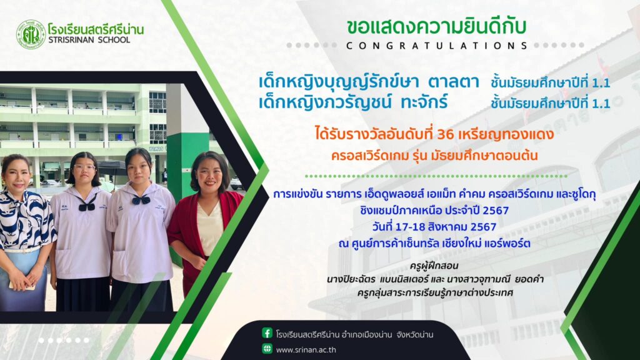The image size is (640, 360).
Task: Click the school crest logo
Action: tap(31, 35)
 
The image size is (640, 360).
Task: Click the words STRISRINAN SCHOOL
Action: tap(89, 40)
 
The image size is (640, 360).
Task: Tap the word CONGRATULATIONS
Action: tap(437, 46)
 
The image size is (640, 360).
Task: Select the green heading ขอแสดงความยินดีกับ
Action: tap(436, 27)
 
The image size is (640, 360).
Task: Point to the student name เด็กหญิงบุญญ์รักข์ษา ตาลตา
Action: tap(369, 82)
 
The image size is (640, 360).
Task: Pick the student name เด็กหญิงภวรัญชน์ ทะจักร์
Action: tap(354, 102)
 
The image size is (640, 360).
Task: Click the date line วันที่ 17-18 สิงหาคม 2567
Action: tap(434, 226)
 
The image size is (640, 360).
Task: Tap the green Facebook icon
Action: tap(267, 333)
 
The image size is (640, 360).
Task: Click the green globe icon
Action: tap(267, 349)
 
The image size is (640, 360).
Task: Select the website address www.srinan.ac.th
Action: tap(306, 350)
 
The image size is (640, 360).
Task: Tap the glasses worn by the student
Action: tap(84, 167)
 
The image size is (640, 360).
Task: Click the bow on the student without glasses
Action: tap(141, 200)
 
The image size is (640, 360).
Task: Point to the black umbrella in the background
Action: tap(111, 167)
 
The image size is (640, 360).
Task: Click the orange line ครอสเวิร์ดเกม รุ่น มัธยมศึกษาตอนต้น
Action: tap(434, 156)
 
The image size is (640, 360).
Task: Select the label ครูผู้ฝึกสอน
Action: tap(434, 266)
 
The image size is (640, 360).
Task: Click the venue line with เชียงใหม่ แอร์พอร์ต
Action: tap(434, 244)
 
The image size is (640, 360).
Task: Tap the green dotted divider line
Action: tap(436, 176)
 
